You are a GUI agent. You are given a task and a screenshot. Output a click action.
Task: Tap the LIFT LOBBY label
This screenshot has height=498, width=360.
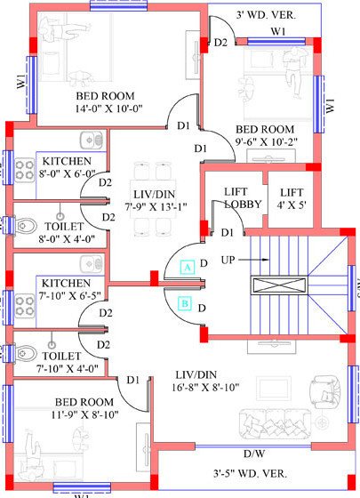point(235,197)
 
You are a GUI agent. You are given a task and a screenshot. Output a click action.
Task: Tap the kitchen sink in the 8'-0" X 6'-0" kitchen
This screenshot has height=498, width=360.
point(89,140)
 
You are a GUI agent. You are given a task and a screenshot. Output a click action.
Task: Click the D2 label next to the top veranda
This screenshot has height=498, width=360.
point(221,43)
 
